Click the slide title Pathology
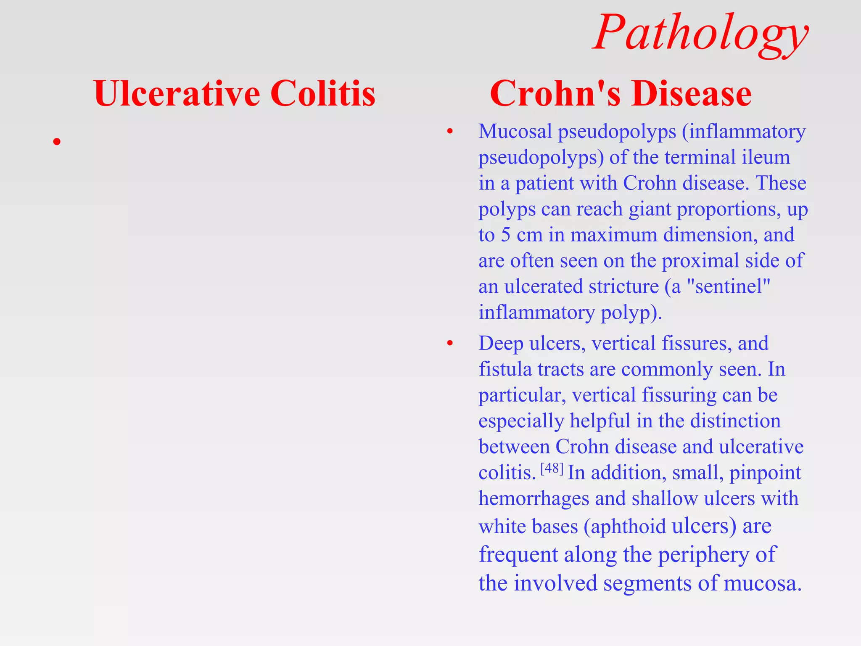(700, 34)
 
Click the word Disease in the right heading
(691, 93)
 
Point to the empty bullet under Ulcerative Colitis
(57, 142)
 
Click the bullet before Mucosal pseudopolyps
(450, 132)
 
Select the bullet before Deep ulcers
(450, 344)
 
